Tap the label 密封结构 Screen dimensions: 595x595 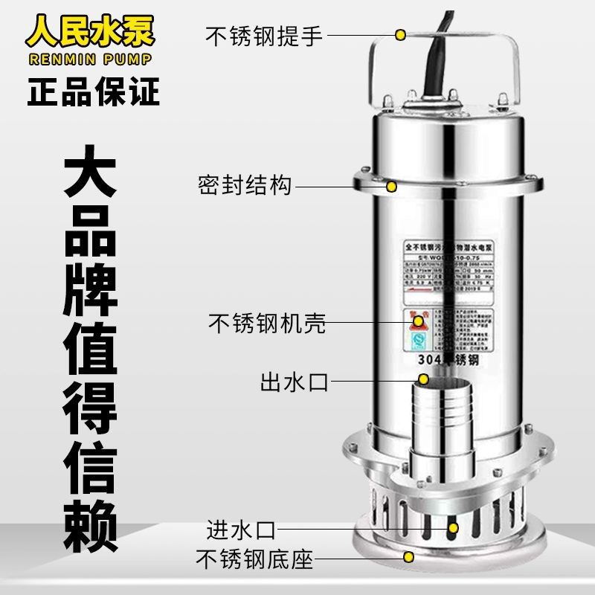[245, 184]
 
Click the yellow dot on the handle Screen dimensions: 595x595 [400, 34]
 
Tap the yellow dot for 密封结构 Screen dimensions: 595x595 [391, 184]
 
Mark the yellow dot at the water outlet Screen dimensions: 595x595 [424, 380]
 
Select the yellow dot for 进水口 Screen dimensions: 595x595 [453, 528]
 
